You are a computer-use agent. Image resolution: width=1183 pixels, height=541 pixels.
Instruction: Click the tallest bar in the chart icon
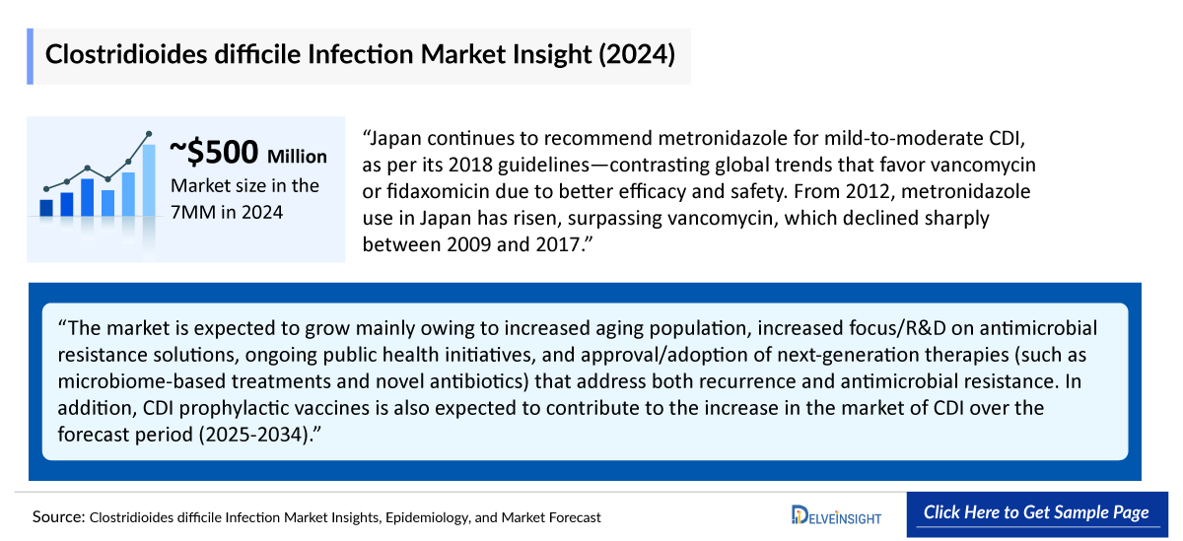pos(149,179)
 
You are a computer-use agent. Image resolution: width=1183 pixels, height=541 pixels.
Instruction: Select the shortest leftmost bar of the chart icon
pos(45,207)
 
